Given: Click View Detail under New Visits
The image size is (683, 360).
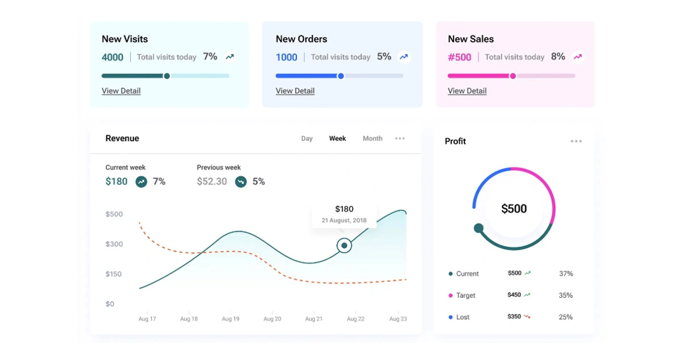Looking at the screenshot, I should point(121,91).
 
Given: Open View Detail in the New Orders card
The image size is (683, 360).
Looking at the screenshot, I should point(295,91).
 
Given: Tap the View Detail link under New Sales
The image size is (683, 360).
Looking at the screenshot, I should point(467,91).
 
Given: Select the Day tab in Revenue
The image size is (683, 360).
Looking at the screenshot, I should point(307,139).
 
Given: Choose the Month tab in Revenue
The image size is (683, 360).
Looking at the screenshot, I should point(372,139).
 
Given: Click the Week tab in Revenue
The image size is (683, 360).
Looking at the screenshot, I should point(338,139).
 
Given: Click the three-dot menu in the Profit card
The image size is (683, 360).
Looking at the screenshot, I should point(576,141).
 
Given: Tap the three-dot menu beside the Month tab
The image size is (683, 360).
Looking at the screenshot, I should point(400,139).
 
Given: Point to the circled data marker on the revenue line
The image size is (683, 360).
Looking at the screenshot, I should point(344,245).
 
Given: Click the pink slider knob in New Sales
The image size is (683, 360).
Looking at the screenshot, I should point(513,76).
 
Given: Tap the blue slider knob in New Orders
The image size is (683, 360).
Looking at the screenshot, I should point(341,76).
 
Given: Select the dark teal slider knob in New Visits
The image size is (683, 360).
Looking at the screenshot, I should point(166,76).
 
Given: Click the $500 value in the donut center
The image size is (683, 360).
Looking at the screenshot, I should point(514,209).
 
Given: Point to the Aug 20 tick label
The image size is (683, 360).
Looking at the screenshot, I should point(272,319).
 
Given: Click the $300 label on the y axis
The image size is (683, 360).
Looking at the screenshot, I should point(114,244).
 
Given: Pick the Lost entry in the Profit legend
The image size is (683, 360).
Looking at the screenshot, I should point(463,317).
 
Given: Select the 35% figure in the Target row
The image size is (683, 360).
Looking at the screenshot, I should point(565,295).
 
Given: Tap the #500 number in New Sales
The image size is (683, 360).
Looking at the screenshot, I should point(460,57).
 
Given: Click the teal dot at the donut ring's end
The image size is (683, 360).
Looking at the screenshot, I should point(478,228).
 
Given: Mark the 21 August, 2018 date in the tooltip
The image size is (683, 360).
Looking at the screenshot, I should point(344,220).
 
